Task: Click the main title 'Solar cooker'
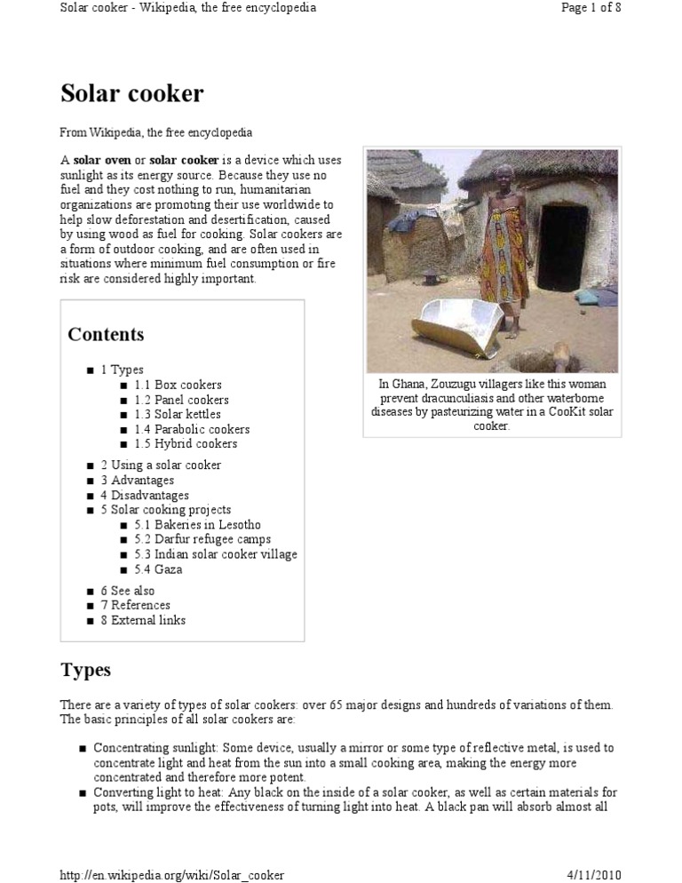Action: click(x=132, y=93)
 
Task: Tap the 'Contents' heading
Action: click(x=106, y=335)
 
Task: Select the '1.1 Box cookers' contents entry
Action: click(x=178, y=385)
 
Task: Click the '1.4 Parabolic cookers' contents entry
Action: click(x=192, y=429)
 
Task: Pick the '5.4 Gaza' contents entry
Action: click(x=158, y=569)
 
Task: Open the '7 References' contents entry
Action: click(x=135, y=605)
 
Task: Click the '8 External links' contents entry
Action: click(x=143, y=620)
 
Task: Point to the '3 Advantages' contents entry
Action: click(x=137, y=480)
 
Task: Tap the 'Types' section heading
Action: click(x=85, y=669)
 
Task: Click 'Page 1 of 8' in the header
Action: click(x=591, y=8)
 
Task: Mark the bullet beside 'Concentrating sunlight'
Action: click(x=83, y=749)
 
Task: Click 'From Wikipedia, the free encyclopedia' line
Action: click(x=156, y=132)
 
